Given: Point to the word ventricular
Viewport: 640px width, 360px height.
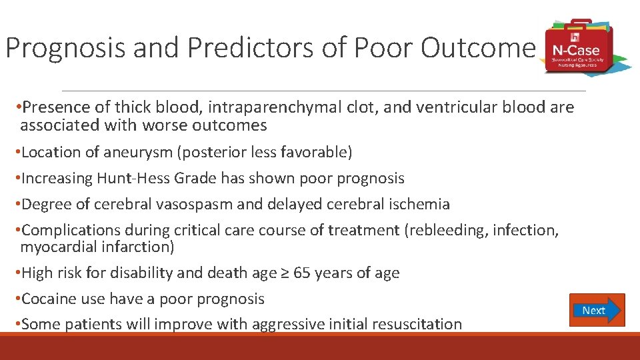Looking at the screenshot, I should pyautogui.click(x=456, y=107).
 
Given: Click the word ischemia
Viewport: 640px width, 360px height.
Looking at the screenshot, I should pyautogui.click(x=418, y=204).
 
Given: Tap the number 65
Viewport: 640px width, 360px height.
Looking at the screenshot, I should pyautogui.click(x=302, y=273).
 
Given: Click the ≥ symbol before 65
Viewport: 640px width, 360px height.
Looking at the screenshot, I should pyautogui.click(x=285, y=273).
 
